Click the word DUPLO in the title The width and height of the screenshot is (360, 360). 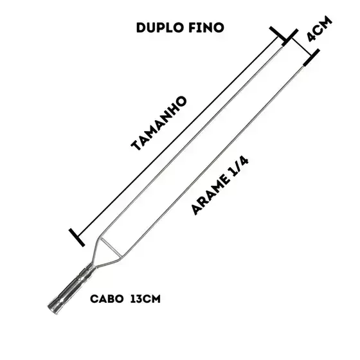[159, 28]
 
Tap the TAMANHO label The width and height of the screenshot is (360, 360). [159, 123]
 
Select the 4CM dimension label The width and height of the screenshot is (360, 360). [319, 29]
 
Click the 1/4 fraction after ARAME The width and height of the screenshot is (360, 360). [238, 166]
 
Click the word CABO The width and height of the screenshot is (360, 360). [107, 299]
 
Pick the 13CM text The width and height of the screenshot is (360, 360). [145, 299]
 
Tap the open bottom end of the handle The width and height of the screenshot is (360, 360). [52, 308]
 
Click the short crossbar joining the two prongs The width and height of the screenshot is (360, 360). [111, 248]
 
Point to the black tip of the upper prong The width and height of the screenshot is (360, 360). [285, 42]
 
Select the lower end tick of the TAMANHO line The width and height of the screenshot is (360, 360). [76, 237]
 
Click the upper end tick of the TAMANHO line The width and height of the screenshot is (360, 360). [278, 35]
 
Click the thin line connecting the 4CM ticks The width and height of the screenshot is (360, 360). [301, 47]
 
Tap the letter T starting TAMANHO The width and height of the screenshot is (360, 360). [136, 145]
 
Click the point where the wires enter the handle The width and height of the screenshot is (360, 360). [93, 265]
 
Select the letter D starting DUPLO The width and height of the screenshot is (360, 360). [141, 28]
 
